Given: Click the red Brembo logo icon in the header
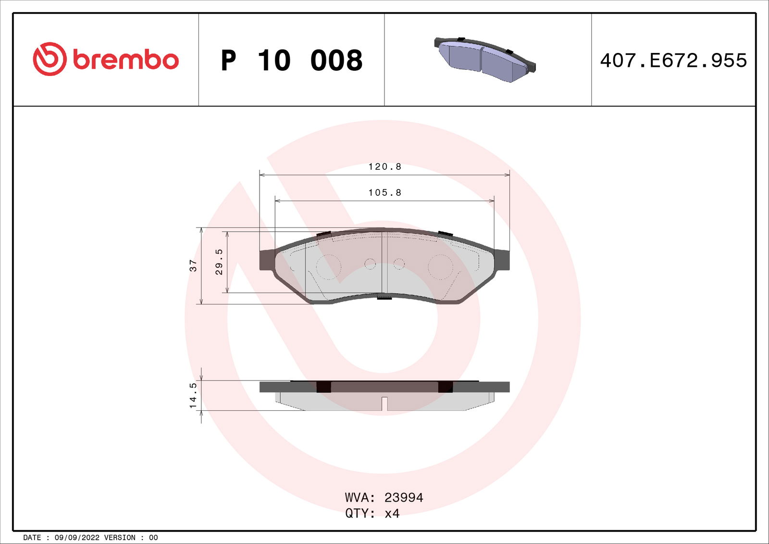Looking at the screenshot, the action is point(50,59).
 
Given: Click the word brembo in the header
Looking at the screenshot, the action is point(125,60).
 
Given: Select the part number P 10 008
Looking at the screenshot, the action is point(291,61).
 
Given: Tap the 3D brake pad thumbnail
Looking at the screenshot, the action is point(485,60).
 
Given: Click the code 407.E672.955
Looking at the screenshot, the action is point(673,61).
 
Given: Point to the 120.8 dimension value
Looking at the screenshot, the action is point(384,167).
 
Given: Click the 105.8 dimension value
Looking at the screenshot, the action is point(384,192).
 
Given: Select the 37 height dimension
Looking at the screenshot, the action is point(194,266).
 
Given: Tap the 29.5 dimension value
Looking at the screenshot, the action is point(219,262).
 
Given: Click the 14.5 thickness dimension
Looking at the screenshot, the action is point(194,395).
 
